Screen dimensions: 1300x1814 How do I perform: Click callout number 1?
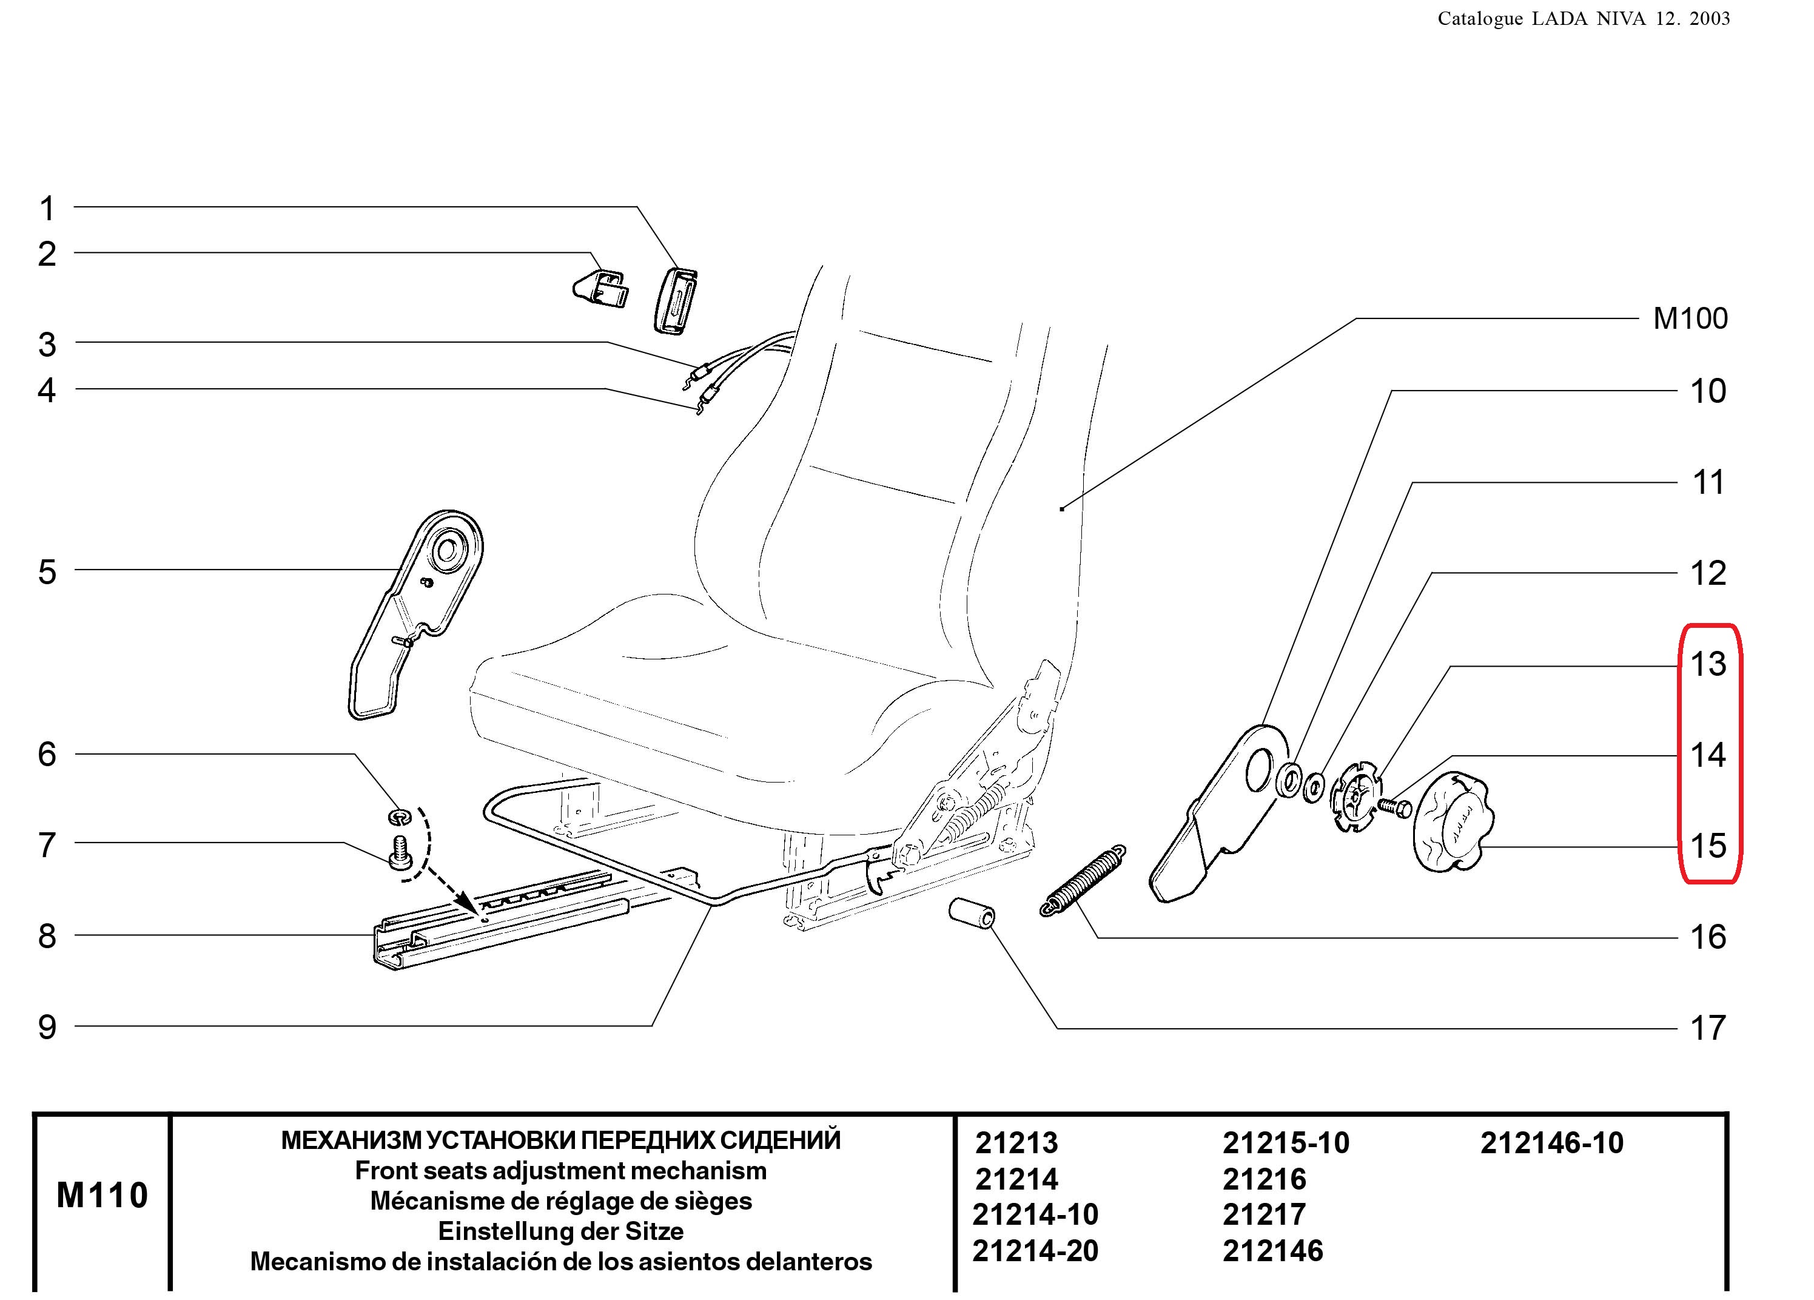coord(47,209)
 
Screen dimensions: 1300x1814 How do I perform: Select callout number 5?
coord(47,573)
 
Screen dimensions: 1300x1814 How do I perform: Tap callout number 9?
coord(47,1027)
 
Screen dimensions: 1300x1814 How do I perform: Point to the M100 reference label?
coord(1690,318)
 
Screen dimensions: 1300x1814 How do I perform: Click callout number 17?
coord(1708,1028)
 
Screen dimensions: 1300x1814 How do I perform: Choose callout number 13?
coord(1708,664)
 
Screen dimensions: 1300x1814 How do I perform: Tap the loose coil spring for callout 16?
coord(1083,881)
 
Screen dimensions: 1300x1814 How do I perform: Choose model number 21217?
coord(1264,1214)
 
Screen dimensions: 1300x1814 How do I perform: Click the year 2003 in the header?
coord(1709,18)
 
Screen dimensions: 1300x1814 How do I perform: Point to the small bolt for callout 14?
coord(1395,808)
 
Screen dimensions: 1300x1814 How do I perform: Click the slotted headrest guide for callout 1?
coord(677,300)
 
